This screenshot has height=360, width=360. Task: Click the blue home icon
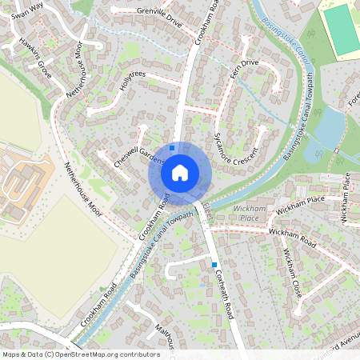pyautogui.click(x=180, y=172)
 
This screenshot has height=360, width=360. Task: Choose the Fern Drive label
pyautogui.click(x=243, y=67)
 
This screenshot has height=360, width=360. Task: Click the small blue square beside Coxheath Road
pyautogui.click(x=214, y=264)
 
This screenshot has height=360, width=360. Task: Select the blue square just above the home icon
pyautogui.click(x=172, y=147)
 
